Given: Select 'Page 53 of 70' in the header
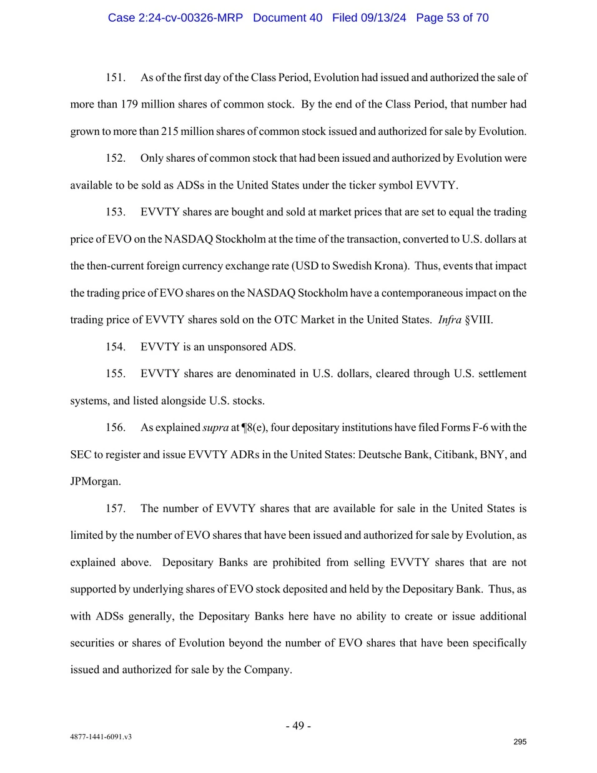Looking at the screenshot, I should click(452, 17).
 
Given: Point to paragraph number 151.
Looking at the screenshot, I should click(115, 77).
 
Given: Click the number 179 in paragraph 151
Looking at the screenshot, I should click(129, 104).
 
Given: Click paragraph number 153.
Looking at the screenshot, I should click(115, 212).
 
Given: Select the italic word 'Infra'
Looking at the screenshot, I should click(450, 320).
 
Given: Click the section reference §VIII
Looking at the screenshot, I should click(479, 320).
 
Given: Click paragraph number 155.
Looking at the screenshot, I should click(115, 373).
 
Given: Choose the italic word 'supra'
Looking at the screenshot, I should click(215, 428).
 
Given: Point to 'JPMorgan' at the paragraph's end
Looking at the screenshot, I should click(95, 481).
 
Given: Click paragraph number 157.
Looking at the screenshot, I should click(115, 508).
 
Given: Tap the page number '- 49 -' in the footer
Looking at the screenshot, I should click(298, 726).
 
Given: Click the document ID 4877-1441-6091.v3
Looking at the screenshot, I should click(101, 737).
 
